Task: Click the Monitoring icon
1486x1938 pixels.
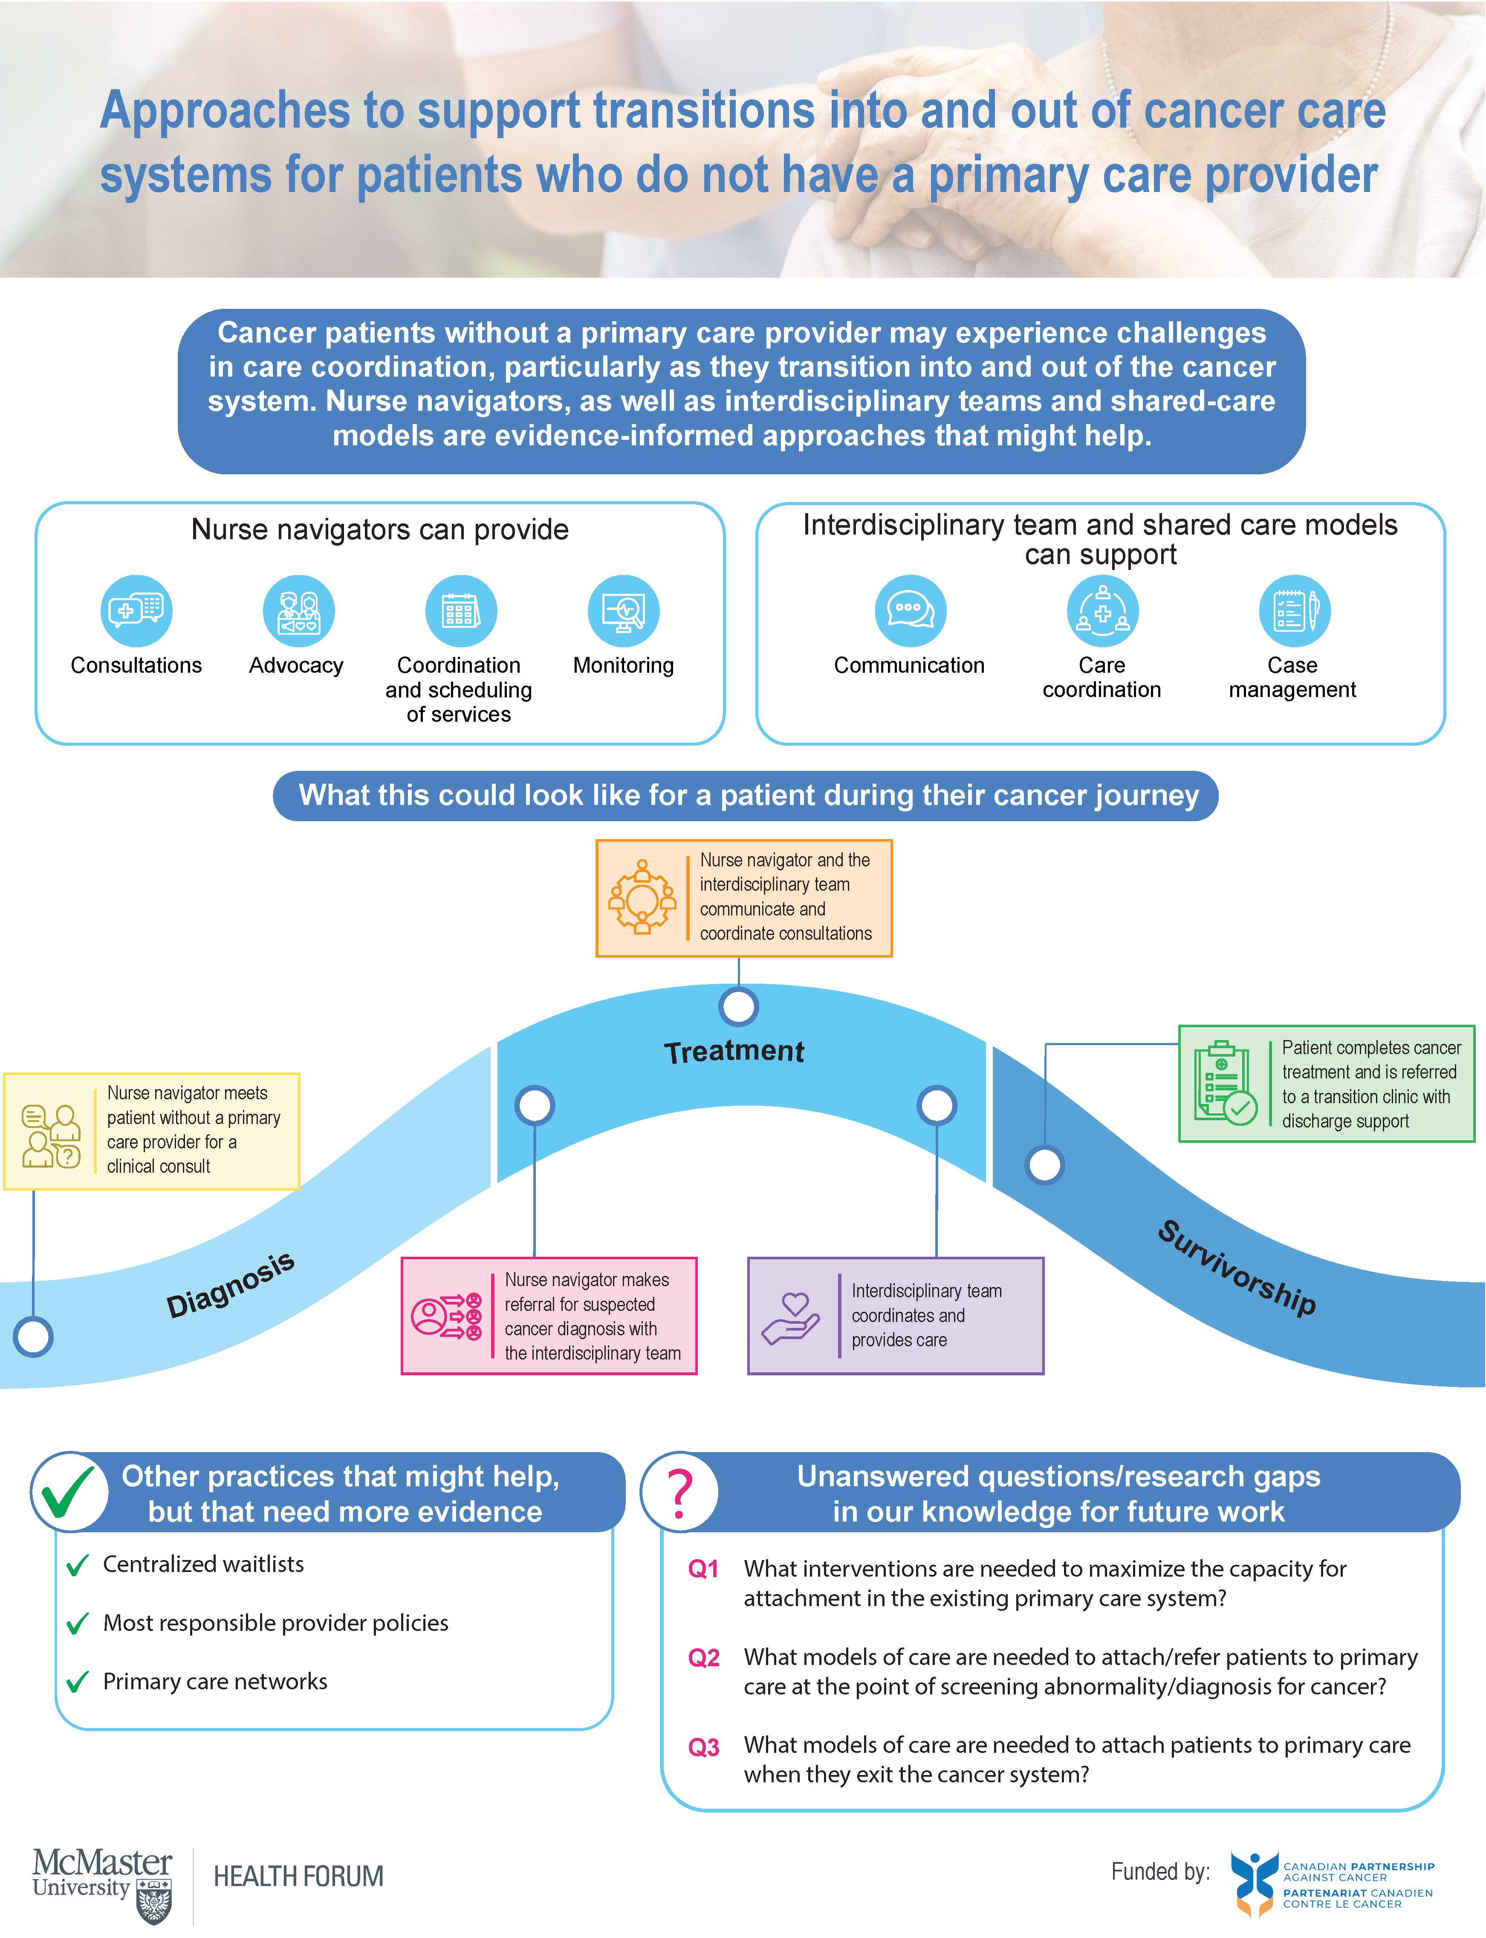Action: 624,610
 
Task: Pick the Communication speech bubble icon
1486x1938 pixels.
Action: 910,610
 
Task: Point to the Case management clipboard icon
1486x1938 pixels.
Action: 1294,610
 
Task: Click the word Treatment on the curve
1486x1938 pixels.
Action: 734,1051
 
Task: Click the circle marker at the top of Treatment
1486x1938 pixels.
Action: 739,1006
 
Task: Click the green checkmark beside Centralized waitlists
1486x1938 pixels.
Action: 78,1566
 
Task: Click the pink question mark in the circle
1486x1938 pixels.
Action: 679,1493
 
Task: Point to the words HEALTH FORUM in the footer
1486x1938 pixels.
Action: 298,1876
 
